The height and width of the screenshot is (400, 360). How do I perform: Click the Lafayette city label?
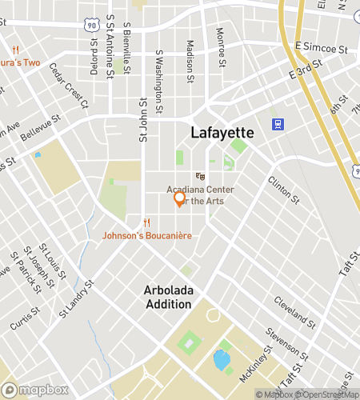point(222,132)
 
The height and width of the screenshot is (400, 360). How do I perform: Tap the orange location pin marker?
point(180,198)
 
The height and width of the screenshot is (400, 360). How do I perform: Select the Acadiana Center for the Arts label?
point(195,195)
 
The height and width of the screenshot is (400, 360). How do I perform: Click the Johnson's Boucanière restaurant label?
point(146,235)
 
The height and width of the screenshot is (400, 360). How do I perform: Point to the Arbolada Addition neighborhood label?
point(168,297)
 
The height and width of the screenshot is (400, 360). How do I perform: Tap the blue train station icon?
point(278,124)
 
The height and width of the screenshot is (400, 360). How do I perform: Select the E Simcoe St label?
point(322,49)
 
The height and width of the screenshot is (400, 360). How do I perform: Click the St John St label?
point(144,120)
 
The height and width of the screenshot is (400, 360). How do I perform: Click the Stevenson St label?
point(287,342)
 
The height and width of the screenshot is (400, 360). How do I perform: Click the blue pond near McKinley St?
point(220,358)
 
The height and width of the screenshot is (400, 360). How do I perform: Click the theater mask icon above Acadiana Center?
point(200,176)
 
